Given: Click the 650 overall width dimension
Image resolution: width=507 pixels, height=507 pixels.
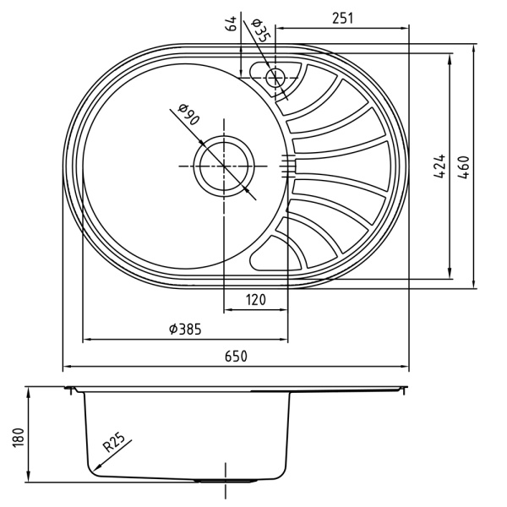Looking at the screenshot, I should click(x=236, y=357).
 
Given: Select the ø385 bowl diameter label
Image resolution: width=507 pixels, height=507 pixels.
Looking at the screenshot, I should click(x=184, y=330).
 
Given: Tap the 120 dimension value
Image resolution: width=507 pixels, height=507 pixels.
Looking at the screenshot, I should click(x=256, y=299).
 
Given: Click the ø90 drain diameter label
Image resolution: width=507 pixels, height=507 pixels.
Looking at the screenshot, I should click(x=188, y=115).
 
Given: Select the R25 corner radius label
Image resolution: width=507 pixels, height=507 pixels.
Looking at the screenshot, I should click(x=114, y=443).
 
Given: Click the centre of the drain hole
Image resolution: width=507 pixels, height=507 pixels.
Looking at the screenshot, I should click(x=224, y=166).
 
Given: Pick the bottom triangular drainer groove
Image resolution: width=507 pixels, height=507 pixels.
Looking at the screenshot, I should click(x=272, y=251).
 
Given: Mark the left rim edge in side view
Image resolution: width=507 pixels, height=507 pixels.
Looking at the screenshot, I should click(x=68, y=390).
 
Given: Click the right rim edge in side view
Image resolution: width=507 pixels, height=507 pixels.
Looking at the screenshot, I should click(x=405, y=390).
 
